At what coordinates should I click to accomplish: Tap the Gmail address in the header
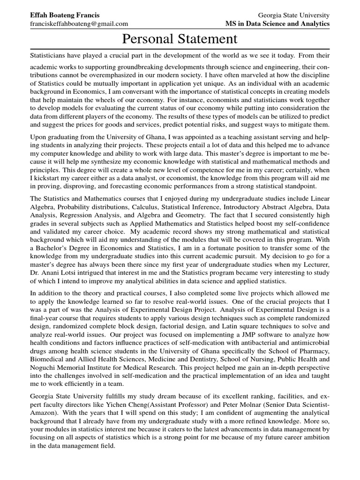79,24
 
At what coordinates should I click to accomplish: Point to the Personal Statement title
180,39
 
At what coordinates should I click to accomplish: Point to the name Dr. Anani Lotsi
52,273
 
